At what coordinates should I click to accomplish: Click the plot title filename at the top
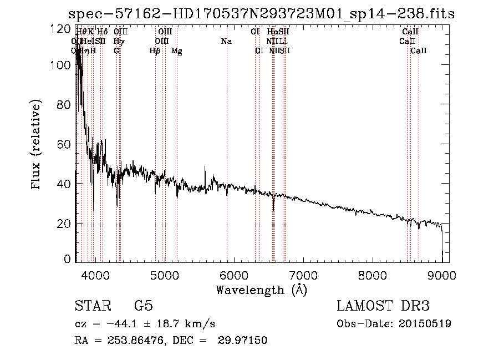tap(261, 14)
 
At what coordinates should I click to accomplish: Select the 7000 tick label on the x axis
tap(303, 275)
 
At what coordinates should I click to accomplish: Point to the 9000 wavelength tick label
tap(442, 275)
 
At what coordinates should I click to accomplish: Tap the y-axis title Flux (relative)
tap(37, 146)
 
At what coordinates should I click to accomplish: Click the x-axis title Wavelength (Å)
tap(261, 290)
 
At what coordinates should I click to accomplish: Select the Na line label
tap(226, 41)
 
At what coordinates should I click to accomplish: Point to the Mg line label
tap(177, 51)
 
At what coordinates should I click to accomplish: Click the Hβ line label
tap(155, 51)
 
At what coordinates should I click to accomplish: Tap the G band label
tap(116, 51)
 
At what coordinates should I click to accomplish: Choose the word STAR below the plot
tap(91, 306)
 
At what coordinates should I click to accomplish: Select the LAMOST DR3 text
tap(383, 306)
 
